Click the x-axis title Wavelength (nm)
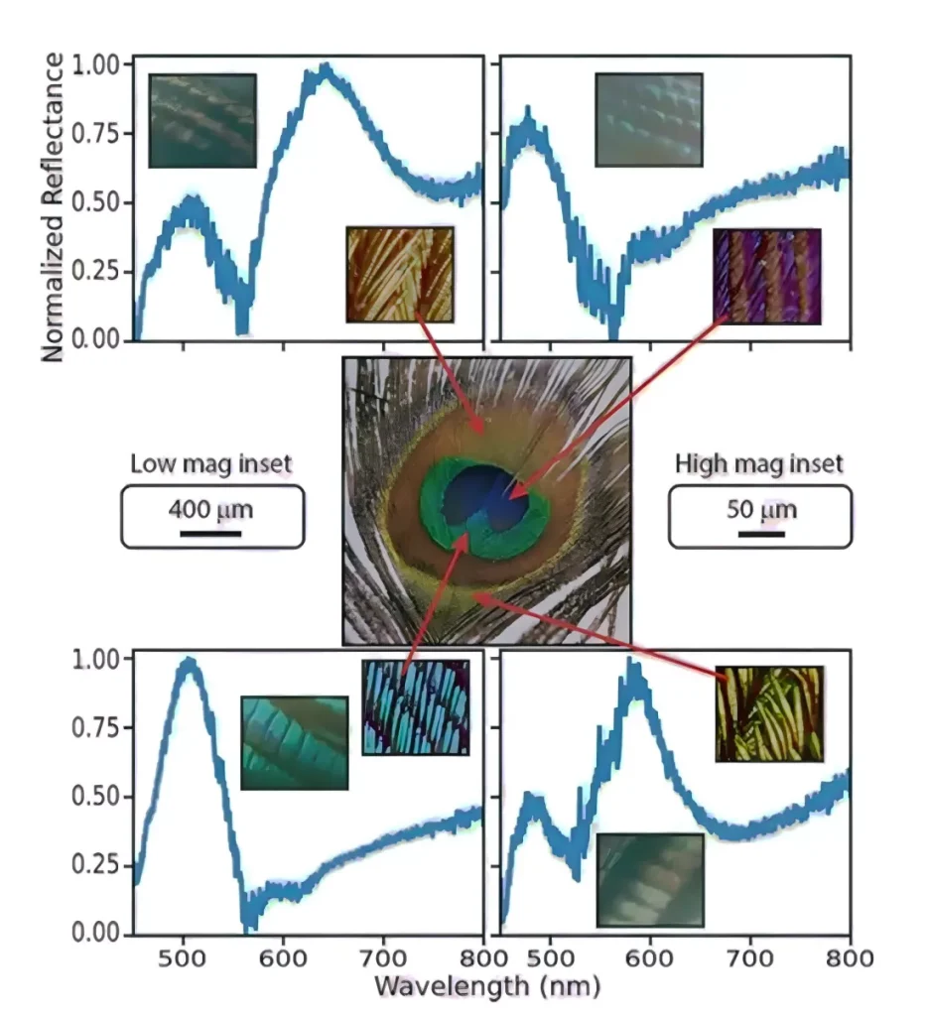click(x=486, y=986)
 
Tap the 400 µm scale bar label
click(x=210, y=511)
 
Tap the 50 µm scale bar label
click(x=760, y=511)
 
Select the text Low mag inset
click(x=211, y=463)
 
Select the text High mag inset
click(x=759, y=463)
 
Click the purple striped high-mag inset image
click(x=767, y=276)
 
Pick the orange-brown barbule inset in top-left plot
click(x=400, y=274)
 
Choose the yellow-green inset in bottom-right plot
click(x=769, y=713)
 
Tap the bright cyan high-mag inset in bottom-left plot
click(x=415, y=706)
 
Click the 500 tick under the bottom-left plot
click(x=183, y=958)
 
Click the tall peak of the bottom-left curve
click(x=188, y=664)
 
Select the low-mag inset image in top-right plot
click(x=648, y=119)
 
